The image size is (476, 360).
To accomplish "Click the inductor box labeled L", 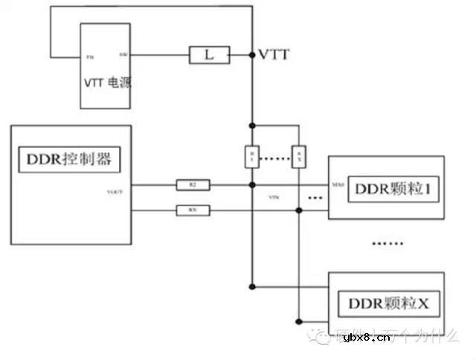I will pos(209,55).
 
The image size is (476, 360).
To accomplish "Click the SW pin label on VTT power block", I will pos(123,55).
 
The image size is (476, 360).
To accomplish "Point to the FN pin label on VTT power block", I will pos(90,57).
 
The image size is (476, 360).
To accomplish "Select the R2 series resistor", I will pos(193,184).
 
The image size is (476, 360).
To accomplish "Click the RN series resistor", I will pos(193,211).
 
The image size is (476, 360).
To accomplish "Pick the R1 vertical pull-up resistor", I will pos(252,156).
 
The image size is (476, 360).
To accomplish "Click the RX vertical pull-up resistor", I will pos(299,156).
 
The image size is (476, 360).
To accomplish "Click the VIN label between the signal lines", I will pos(273,199).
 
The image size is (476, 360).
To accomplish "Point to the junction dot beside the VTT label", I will pos(252,55).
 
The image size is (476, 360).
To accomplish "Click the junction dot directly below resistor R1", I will pos(252,184).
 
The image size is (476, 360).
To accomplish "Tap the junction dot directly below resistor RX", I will pos(299,211).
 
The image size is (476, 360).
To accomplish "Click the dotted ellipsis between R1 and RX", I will pos(275,158).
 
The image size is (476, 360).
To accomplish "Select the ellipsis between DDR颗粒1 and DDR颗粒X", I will pos(387,243).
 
